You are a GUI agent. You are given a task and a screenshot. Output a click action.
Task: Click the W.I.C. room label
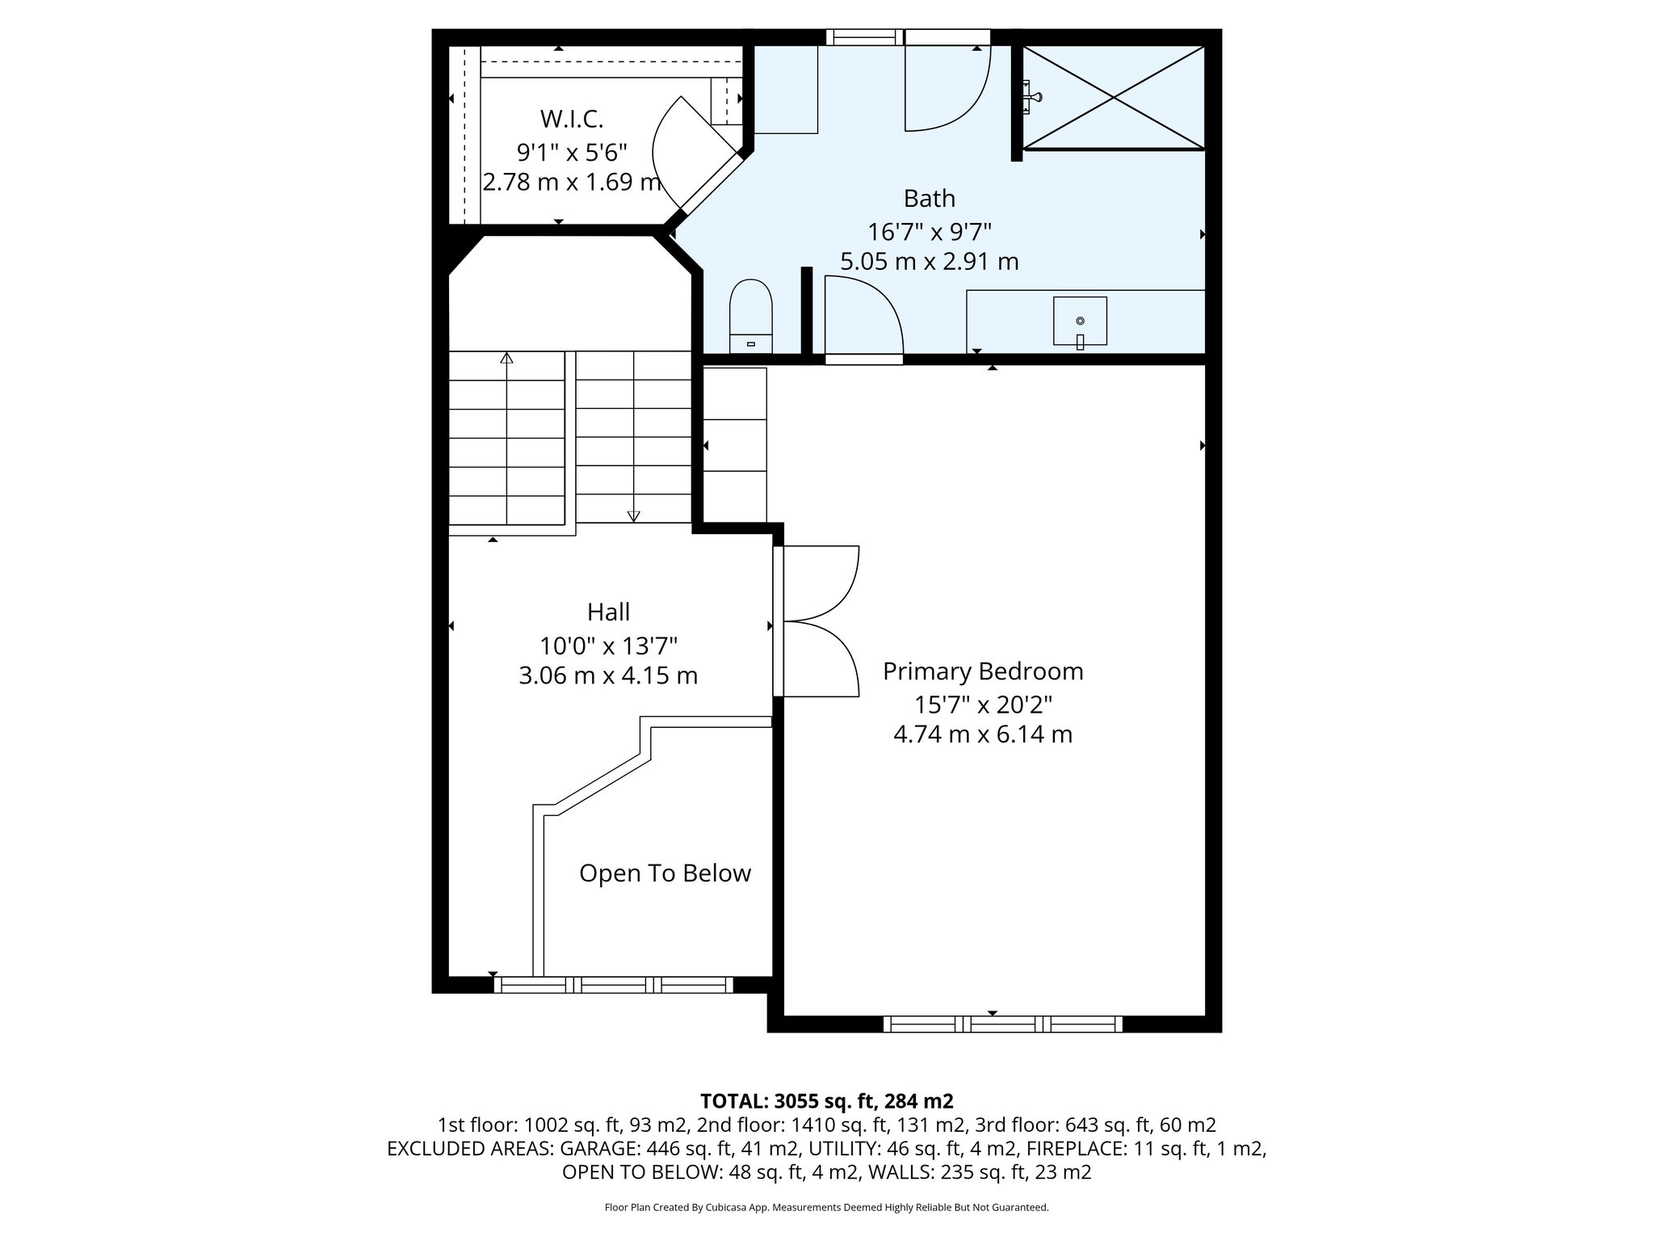572,120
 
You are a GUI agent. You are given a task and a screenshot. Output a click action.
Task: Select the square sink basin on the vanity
1080,321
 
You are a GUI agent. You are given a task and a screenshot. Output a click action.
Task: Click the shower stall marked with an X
1114,98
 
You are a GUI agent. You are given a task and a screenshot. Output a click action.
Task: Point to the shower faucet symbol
1032,98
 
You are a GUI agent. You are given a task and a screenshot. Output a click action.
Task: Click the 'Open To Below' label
665,873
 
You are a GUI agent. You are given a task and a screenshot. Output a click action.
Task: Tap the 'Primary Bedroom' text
983,671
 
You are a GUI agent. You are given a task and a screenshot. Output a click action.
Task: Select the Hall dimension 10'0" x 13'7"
608,646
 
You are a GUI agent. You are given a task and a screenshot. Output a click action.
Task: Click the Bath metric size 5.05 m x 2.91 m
929,262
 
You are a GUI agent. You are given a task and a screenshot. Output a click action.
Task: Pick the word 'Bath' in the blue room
929,198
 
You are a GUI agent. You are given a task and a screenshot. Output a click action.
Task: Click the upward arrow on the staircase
506,358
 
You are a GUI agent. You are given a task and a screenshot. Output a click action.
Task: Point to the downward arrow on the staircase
633,515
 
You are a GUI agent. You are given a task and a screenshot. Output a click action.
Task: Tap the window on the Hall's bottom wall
613,985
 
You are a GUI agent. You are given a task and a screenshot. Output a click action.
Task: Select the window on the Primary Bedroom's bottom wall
1002,1024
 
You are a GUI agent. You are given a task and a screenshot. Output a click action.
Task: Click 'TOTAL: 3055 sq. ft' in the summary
787,1100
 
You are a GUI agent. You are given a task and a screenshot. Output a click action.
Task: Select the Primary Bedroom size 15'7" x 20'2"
983,705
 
